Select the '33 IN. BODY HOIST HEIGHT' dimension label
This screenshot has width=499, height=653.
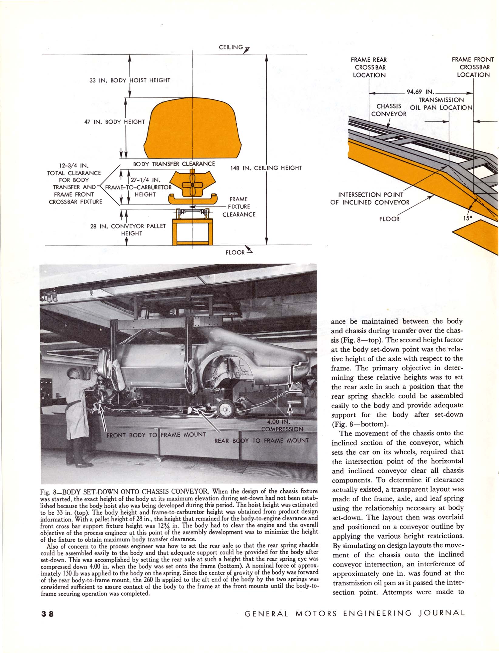[130, 80]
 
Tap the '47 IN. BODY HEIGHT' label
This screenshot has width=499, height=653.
[114, 122]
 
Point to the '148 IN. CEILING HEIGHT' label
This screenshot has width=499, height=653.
[266, 168]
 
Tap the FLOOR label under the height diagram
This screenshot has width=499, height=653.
[235, 252]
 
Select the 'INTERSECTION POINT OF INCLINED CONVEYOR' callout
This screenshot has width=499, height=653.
[370, 198]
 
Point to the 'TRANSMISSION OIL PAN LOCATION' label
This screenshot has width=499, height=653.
[441, 104]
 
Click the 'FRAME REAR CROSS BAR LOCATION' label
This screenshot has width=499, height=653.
[369, 67]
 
